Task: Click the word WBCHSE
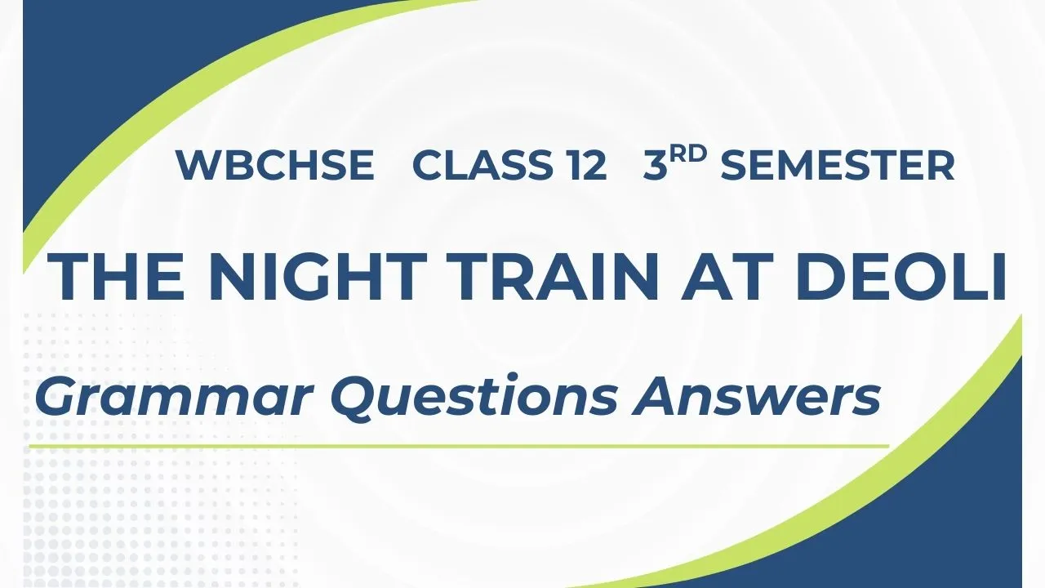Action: [275, 165]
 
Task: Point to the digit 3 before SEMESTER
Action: [656, 165]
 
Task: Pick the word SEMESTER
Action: [838, 165]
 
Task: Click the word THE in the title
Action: [116, 276]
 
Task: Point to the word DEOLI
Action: [900, 276]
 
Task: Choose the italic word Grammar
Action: [175, 397]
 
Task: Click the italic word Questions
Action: [474, 396]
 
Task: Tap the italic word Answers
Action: [756, 396]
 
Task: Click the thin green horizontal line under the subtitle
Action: [459, 447]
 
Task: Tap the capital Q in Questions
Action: [354, 398]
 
